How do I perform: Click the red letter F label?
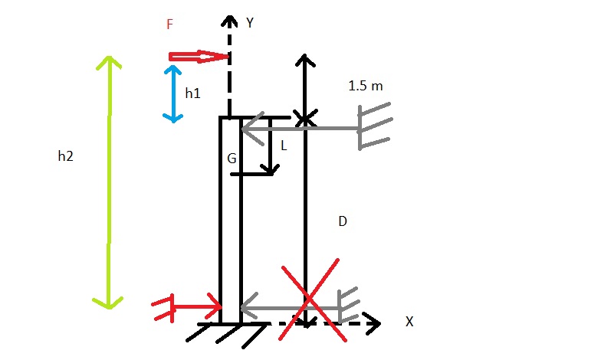(x=170, y=25)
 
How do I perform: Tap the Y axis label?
(x=250, y=23)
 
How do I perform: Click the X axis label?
(x=409, y=322)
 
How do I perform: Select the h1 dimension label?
(x=193, y=93)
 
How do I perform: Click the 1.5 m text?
(x=366, y=86)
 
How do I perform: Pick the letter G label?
(x=232, y=159)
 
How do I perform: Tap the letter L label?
(x=284, y=145)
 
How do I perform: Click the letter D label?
(x=343, y=222)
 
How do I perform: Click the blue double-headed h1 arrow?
(x=173, y=93)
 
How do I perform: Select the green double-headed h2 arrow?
(x=109, y=182)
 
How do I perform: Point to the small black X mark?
(x=305, y=119)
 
